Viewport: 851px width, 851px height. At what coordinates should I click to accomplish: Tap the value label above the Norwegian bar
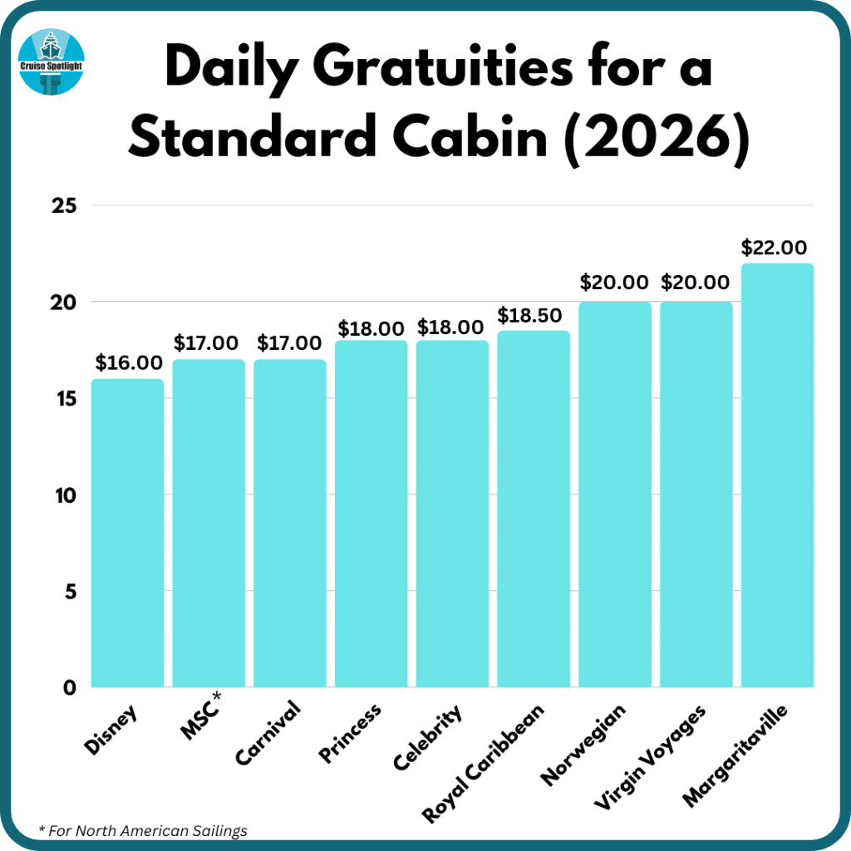[x=615, y=284]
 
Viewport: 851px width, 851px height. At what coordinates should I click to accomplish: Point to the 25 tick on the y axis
[x=59, y=205]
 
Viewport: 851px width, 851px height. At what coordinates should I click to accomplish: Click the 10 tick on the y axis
[x=59, y=495]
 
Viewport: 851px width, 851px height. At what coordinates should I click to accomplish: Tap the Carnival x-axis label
[x=268, y=731]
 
